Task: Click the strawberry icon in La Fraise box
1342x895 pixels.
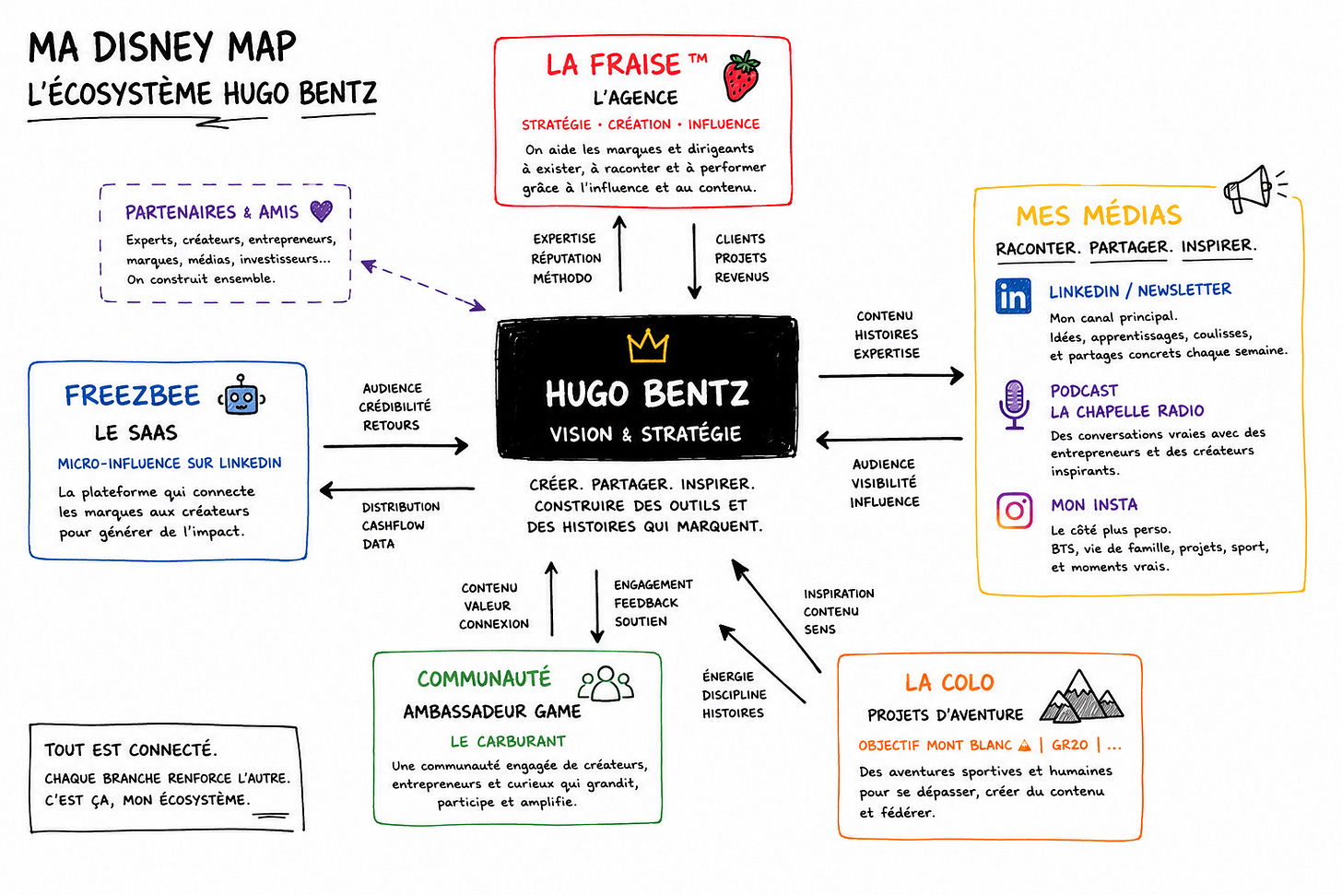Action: point(741,77)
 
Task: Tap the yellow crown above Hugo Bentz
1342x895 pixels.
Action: point(647,346)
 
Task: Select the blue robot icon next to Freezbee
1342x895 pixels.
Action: point(241,395)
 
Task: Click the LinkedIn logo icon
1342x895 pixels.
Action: point(1013,296)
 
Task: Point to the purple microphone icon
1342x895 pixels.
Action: point(1014,405)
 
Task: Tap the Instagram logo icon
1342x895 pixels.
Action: point(1014,511)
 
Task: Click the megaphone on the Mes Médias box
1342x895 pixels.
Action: point(1254,188)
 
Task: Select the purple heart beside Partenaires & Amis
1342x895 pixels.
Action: point(321,211)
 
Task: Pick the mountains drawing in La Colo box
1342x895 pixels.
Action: point(1081,696)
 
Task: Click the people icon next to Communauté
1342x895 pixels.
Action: point(606,683)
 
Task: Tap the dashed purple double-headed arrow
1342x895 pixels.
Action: point(423,285)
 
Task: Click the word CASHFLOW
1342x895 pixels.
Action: point(393,525)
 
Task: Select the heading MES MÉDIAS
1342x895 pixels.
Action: point(1099,215)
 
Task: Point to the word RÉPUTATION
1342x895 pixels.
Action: point(566,258)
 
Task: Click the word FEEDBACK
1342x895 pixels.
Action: point(646,603)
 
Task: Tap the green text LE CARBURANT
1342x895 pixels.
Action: point(508,742)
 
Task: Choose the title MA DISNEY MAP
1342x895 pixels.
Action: point(162,47)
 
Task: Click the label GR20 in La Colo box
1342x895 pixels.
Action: point(1069,745)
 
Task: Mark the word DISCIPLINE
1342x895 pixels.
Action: point(734,695)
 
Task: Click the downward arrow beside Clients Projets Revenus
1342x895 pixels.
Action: point(694,261)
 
